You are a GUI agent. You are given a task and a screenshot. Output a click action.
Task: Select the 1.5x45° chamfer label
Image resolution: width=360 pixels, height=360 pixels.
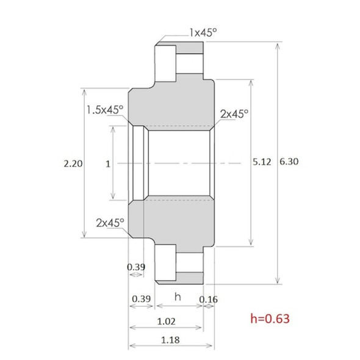click(104, 109)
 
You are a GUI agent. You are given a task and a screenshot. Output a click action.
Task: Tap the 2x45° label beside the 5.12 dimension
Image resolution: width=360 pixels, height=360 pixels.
click(234, 114)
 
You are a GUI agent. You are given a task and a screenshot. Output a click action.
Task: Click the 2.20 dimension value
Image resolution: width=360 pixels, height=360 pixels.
click(73, 164)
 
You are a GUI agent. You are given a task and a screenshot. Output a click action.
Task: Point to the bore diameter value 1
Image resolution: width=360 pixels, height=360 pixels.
click(107, 164)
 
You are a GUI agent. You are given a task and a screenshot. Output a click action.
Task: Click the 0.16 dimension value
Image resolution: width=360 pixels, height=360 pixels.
click(209, 298)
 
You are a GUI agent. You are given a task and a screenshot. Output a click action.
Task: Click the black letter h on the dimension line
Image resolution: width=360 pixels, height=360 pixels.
click(178, 297)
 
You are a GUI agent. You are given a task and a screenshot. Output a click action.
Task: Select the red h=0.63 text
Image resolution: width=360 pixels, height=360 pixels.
click(270, 318)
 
